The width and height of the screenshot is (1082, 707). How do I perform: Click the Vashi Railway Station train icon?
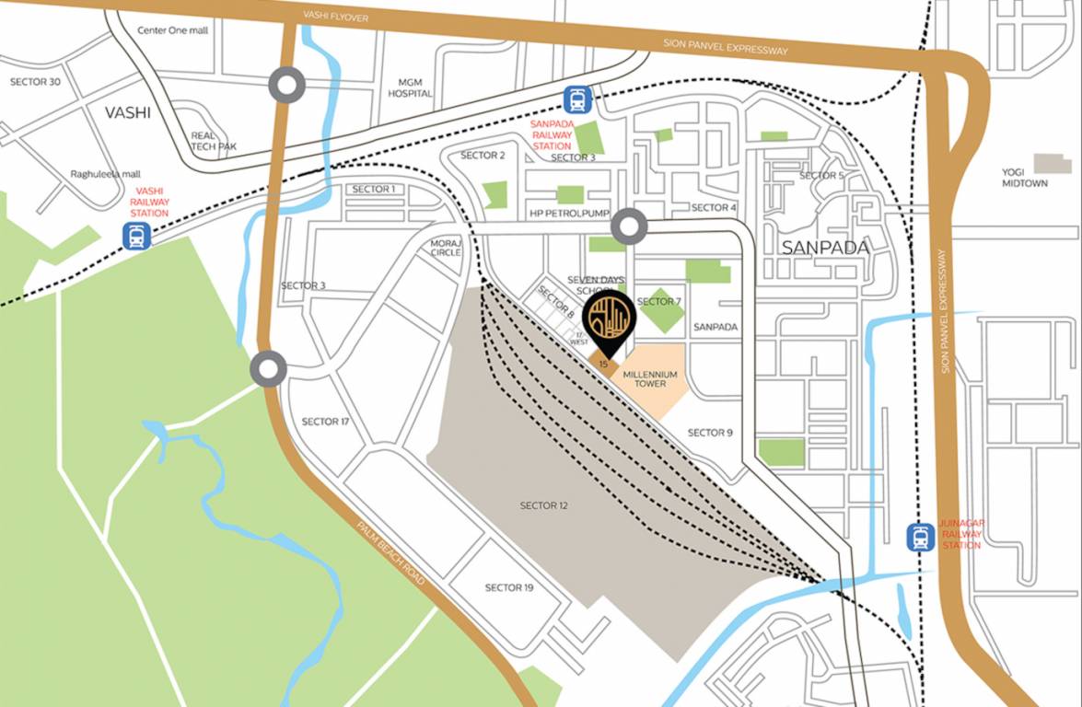tap(136, 238)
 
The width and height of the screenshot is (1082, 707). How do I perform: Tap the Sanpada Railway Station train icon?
tap(578, 99)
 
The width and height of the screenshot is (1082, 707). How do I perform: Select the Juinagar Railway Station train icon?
tap(920, 537)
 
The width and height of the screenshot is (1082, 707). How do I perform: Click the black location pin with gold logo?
tap(610, 319)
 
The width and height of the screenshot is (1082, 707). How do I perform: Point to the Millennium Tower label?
tap(650, 378)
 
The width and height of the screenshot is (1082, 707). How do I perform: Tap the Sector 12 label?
tap(544, 505)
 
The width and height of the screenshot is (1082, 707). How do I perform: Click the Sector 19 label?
tap(509, 587)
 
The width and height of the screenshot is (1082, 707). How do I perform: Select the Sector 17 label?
tap(326, 422)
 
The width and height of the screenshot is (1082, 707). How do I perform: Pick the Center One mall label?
tap(172, 29)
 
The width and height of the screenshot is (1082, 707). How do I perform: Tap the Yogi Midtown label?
tap(1025, 177)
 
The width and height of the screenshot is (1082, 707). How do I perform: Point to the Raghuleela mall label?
tap(104, 174)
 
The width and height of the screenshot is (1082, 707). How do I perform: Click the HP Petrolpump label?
tap(569, 214)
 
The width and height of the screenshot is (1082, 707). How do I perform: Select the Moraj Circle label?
tap(446, 248)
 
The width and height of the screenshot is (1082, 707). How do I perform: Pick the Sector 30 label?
tap(35, 82)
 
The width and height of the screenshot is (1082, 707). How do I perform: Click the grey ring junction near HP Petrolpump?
tap(630, 226)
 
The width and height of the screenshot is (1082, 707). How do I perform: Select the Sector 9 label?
tap(710, 433)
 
